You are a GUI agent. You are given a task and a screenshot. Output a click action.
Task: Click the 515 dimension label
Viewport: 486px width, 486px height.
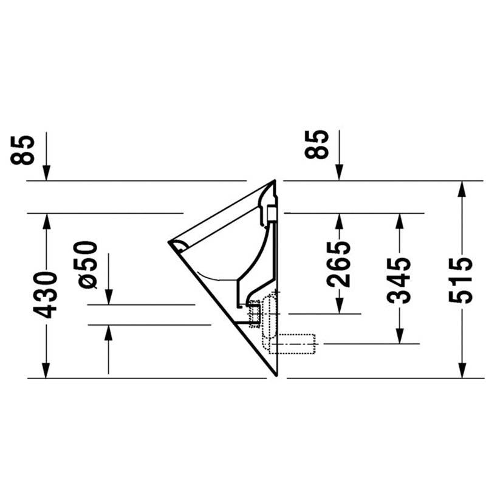point(460,280)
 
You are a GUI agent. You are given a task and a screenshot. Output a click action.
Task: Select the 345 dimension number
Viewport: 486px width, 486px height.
point(399,280)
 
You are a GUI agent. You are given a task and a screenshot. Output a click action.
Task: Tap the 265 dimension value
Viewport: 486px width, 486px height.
point(339,264)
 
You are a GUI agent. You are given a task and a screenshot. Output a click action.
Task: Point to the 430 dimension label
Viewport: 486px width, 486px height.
point(45,295)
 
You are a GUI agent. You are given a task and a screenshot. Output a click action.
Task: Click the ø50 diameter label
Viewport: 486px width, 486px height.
point(86,265)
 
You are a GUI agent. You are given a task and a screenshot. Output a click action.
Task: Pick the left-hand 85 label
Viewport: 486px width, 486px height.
point(22,150)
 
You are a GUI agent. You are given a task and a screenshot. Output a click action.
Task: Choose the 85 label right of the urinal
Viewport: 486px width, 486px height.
point(317,145)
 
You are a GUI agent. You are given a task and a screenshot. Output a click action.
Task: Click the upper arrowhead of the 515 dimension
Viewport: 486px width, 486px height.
point(462,188)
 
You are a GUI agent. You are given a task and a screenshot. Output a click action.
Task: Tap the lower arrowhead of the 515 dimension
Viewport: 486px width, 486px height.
point(462,371)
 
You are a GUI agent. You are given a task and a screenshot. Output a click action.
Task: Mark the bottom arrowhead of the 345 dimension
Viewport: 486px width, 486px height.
point(400,336)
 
